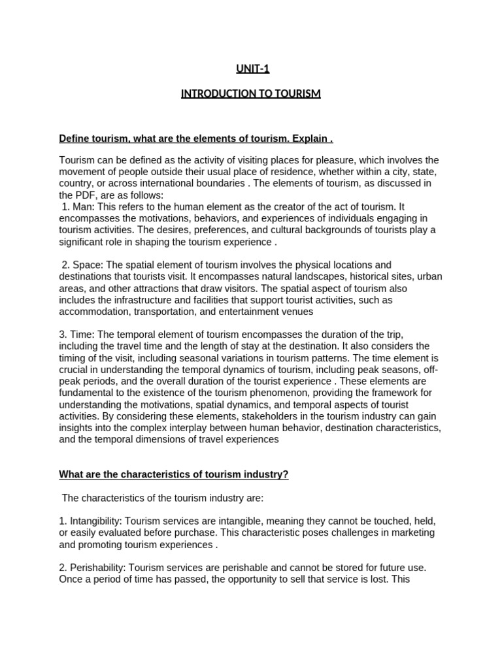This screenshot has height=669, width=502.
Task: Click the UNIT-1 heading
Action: click(252, 68)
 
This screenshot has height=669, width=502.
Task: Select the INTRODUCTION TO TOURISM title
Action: click(251, 93)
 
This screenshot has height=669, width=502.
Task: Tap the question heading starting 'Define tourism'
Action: click(196, 139)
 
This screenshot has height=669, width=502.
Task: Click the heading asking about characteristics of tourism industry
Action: click(173, 474)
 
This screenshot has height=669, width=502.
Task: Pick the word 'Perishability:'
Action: click(96, 568)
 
